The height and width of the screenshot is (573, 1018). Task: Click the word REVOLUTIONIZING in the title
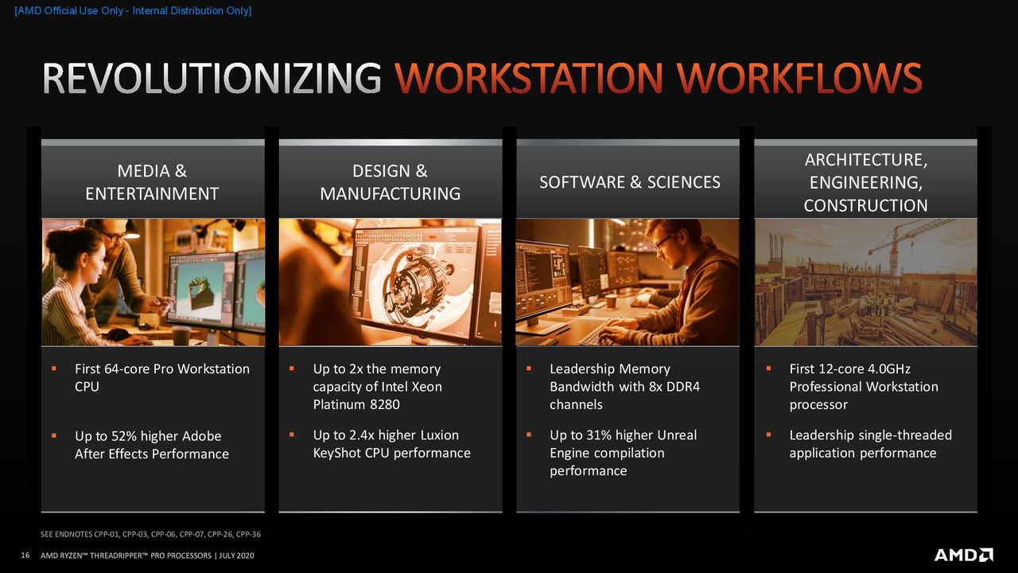[212, 78]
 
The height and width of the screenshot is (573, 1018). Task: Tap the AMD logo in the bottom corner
[963, 555]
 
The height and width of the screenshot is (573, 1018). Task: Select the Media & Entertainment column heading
[152, 182]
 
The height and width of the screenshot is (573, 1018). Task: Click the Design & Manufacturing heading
[390, 182]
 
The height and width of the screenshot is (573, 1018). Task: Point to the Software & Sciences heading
[629, 182]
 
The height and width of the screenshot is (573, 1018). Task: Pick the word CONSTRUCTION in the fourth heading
[865, 205]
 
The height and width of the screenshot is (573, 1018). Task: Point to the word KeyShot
[336, 453]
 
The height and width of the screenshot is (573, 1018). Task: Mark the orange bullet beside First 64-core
[54, 368]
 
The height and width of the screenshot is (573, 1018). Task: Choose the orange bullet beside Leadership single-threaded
[768, 435]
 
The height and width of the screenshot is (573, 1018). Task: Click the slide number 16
[25, 555]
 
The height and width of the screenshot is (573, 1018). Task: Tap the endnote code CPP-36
[248, 534]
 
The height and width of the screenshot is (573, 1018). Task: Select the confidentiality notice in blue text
[133, 10]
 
